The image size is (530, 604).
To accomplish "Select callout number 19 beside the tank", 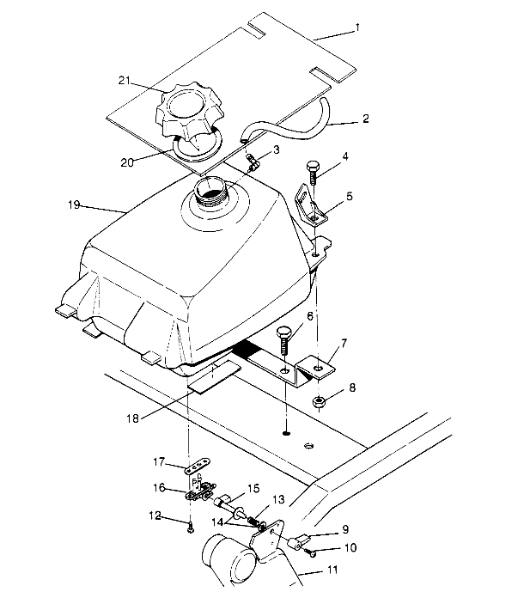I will (73, 204).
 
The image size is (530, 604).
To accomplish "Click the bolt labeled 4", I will (313, 171).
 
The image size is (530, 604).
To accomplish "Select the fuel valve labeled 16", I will (198, 493).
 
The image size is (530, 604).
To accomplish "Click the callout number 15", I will (253, 488).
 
